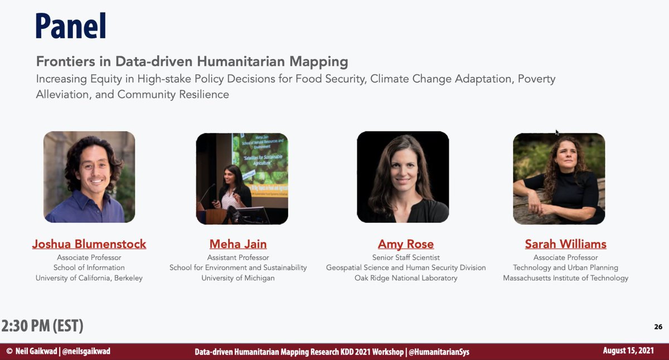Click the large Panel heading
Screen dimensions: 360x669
point(71,26)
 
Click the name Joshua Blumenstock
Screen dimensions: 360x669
point(89,244)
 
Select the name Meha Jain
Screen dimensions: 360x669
point(238,244)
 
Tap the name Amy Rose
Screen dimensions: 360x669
point(406,244)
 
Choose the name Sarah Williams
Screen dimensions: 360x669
point(565,244)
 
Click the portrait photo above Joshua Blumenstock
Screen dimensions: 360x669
point(89,177)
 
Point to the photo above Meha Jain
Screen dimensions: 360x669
point(242,178)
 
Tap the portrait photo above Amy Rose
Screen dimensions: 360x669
point(403,177)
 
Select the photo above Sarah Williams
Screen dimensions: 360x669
point(559,178)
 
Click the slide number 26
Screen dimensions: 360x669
point(658,327)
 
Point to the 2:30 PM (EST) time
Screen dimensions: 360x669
point(42,325)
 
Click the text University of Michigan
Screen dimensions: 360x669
point(238,278)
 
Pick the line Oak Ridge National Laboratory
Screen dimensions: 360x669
point(406,278)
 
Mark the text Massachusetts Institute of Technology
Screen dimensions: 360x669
point(565,278)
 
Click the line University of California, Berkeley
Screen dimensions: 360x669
point(89,278)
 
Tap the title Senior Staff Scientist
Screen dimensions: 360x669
point(406,257)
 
